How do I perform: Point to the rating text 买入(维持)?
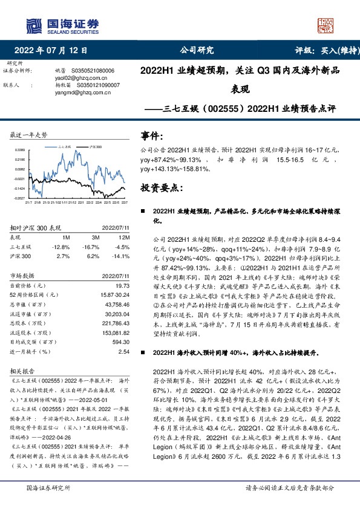[x=333, y=50]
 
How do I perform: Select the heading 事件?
[x=151, y=136]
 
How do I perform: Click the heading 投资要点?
[x=161, y=188]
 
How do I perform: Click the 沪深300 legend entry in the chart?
[x=94, y=146]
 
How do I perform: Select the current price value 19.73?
[x=122, y=285]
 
